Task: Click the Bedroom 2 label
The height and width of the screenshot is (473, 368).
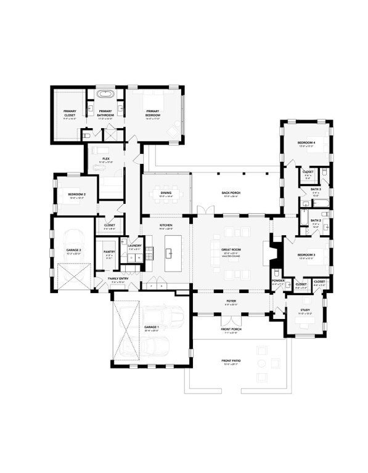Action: (76, 195)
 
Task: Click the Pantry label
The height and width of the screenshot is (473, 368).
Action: (110, 252)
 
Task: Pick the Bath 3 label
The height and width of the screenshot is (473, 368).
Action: (315, 190)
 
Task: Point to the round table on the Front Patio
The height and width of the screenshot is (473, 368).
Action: (262, 373)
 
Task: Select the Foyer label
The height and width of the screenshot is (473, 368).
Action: (231, 301)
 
